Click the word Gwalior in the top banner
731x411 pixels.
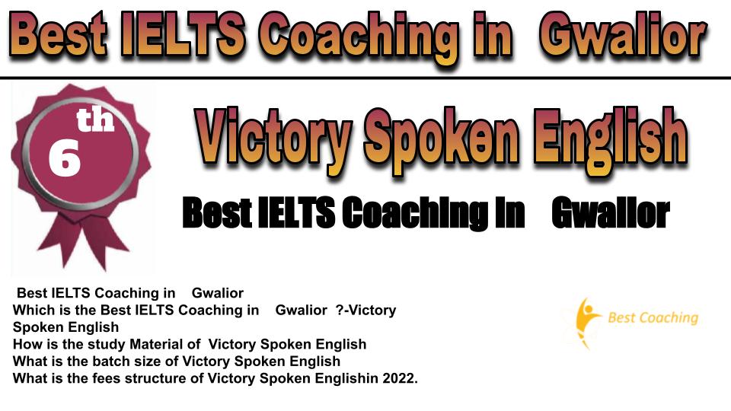pos(622,36)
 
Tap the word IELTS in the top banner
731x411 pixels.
pos(182,36)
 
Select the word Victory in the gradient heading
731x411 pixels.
pos(273,138)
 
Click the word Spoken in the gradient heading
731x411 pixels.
pos(441,139)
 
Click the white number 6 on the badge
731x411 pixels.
pos(64,159)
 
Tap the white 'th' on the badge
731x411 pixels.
pos(95,119)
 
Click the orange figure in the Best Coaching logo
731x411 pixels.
pos(586,322)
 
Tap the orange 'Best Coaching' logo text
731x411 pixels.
pos(653,318)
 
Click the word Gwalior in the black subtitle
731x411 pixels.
pos(611,213)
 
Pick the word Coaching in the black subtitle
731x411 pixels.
pos(414,213)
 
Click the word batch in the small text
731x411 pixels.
pos(110,361)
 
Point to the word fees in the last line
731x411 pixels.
pos(107,378)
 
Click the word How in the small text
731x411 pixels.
pos(24,344)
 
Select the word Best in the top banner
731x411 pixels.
pos(58,36)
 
